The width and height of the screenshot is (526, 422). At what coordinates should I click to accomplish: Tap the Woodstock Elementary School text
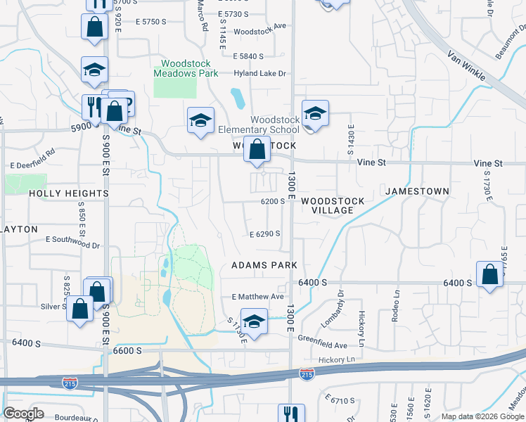(x=258, y=124)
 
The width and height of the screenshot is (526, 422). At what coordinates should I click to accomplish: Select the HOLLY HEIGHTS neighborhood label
(x=69, y=193)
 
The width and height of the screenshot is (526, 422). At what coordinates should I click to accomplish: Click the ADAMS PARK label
(x=264, y=265)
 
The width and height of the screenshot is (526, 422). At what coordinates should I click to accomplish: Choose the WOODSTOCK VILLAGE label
(x=333, y=205)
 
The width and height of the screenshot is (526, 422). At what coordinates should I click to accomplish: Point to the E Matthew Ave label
(x=257, y=298)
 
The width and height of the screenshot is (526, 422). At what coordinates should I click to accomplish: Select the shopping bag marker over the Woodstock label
(x=258, y=149)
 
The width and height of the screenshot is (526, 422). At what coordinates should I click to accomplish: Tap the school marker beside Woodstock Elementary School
(x=315, y=113)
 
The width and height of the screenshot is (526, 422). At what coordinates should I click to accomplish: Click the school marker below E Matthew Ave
(x=254, y=321)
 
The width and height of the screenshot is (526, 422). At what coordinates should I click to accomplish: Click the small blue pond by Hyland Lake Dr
(x=238, y=97)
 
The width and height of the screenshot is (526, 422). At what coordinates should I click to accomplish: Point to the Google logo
(x=23, y=414)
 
